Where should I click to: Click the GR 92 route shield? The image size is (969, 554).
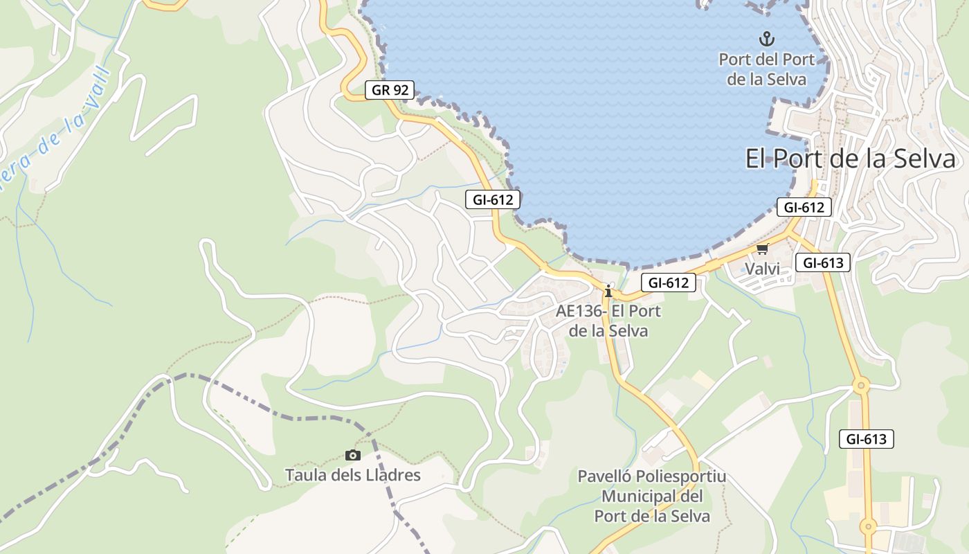390,89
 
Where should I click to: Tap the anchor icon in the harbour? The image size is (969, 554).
766,39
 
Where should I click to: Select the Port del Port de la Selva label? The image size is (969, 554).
766,69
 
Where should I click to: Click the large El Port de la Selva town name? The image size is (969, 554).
850,159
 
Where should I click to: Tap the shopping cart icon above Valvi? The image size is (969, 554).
762,249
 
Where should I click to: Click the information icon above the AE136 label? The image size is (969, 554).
608,291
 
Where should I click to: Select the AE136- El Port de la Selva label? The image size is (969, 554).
608,321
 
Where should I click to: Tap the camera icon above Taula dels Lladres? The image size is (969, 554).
353,455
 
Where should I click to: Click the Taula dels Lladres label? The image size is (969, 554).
353,475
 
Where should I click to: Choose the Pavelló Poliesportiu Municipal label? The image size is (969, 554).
652,497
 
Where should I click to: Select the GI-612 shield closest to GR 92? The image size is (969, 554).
492,199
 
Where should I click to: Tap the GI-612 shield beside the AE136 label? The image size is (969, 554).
668,283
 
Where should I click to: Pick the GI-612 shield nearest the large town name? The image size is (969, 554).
804,207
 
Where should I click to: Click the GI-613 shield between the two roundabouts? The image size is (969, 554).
866,438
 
